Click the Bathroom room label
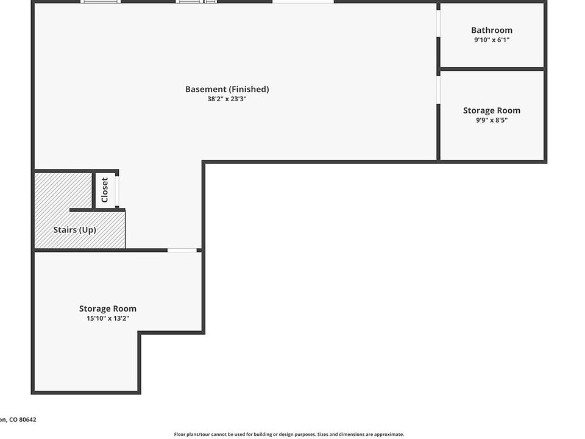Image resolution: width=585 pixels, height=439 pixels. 491,30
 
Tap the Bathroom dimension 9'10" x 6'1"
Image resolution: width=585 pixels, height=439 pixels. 491,40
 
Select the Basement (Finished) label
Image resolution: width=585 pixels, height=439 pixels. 227,89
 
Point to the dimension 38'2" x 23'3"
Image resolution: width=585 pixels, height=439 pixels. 227,99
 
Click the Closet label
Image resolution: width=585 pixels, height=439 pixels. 105,190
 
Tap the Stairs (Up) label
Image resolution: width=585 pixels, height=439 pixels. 74,230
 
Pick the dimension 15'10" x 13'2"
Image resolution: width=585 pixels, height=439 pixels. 108,318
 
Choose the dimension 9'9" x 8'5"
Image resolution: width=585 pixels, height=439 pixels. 491,120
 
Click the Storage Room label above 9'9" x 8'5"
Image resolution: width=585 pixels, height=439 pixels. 491,110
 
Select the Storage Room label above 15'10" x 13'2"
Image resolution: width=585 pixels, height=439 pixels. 108,309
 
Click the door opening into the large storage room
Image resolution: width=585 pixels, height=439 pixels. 182,250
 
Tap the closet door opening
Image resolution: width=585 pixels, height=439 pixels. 117,191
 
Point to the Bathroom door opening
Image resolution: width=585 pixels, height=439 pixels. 438,24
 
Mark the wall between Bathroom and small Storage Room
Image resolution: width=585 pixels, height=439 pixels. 491,69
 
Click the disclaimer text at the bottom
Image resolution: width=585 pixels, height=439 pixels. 289,434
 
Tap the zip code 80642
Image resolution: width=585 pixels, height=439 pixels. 27,419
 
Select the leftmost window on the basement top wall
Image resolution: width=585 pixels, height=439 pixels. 101,2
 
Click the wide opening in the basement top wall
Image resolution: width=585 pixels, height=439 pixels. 303,2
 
